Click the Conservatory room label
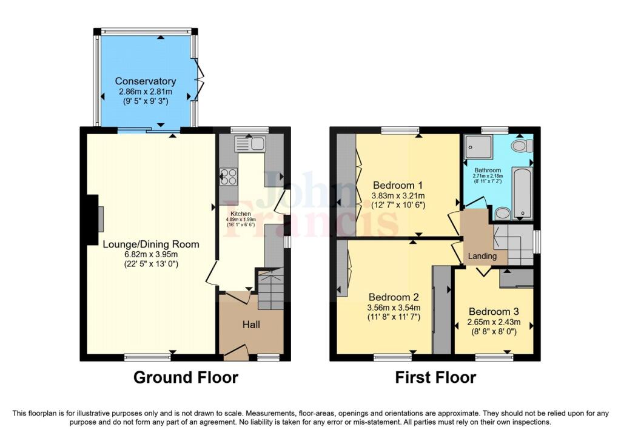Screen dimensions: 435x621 coord(146,81)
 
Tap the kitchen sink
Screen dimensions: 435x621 coord(250,144)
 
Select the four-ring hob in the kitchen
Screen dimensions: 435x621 coord(229,176)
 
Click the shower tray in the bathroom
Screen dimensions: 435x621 coord(478,147)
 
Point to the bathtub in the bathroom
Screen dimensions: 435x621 coord(522,193)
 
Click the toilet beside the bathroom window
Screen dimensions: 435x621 coord(520,146)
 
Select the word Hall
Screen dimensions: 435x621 coord(251,325)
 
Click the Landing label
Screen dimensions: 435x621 coord(482,256)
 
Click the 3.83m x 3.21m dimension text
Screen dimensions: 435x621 coord(398,195)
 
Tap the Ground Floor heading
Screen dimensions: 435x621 coord(186,377)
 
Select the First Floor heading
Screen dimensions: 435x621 coord(435,377)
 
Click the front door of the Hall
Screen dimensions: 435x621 coord(235,352)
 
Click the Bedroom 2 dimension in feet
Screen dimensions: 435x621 coord(394,317)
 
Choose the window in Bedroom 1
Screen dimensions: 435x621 coord(400,130)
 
